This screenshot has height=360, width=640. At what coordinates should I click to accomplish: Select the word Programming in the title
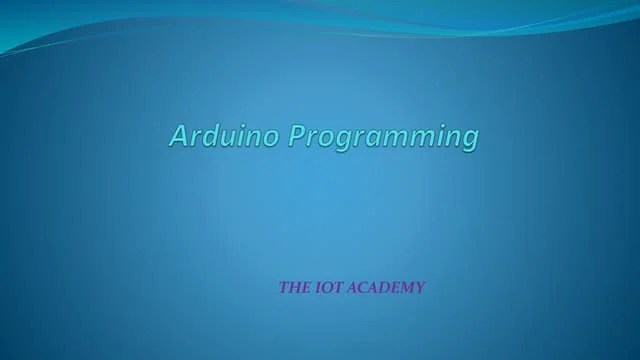pos(384,136)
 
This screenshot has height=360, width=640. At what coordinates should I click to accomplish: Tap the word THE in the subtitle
pos(292,288)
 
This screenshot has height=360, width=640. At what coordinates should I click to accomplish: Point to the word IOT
pos(325,288)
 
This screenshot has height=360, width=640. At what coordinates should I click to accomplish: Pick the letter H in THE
pos(293,288)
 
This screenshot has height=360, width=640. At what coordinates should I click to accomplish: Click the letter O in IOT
pos(325,288)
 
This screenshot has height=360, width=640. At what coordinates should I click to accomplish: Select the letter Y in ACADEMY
pos(419,288)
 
